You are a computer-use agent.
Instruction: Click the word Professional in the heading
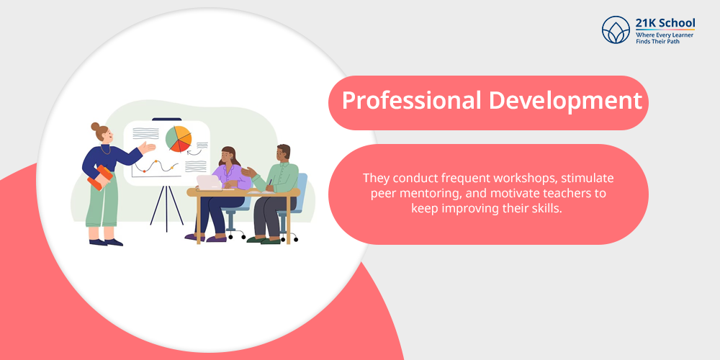click(411, 101)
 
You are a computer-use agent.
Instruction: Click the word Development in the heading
click(564, 101)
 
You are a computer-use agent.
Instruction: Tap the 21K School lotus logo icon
click(616, 30)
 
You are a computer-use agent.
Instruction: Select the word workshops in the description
click(523, 178)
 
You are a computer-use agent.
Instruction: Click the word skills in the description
click(547, 208)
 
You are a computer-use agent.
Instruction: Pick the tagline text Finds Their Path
click(657, 41)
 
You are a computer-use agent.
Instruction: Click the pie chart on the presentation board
click(178, 138)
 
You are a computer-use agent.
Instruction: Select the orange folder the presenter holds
click(100, 178)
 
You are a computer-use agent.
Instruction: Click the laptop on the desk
click(209, 182)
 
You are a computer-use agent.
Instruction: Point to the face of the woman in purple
click(228, 158)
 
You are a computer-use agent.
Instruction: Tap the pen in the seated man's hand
click(270, 182)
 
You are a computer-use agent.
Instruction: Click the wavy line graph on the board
click(156, 166)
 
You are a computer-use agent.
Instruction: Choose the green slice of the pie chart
click(172, 138)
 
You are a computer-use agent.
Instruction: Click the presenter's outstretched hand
click(148, 147)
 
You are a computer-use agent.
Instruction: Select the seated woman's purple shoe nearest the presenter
click(194, 238)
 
